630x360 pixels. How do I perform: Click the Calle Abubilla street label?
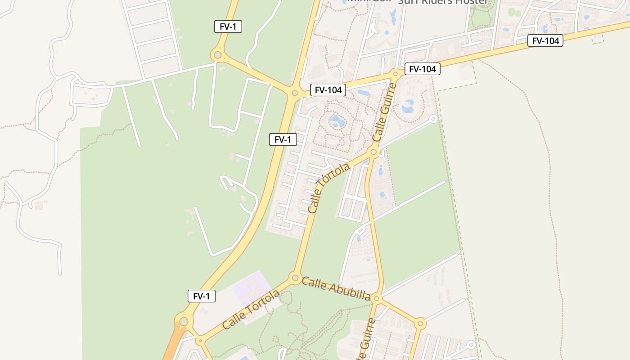pos(336,289)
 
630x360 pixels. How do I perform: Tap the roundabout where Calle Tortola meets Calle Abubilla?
pos(295,278)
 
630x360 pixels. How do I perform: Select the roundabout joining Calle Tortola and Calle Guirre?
pos(373,152)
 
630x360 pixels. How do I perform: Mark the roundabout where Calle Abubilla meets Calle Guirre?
pos(377,298)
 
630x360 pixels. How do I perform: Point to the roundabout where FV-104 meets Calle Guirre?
pos(396,73)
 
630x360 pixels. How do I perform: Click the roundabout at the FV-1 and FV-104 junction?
pos(294,93)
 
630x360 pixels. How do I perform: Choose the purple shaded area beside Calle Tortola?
pos(251,288)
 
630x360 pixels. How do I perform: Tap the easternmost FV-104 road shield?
pos(545,41)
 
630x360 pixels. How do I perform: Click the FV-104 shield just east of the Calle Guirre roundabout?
pos(422,69)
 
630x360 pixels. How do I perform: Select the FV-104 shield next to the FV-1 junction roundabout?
pos(328,90)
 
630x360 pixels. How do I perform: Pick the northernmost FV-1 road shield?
pos(228,27)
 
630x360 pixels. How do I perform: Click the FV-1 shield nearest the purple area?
pos(202,296)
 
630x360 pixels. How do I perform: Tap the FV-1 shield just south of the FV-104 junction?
pos(283,139)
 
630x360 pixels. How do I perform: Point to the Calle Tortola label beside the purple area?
pos(250,310)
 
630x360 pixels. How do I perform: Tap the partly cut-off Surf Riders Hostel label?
pos(443,2)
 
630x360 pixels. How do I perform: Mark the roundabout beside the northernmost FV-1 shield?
pos(217,55)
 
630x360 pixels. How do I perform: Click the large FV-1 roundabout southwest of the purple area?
pos(184,321)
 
